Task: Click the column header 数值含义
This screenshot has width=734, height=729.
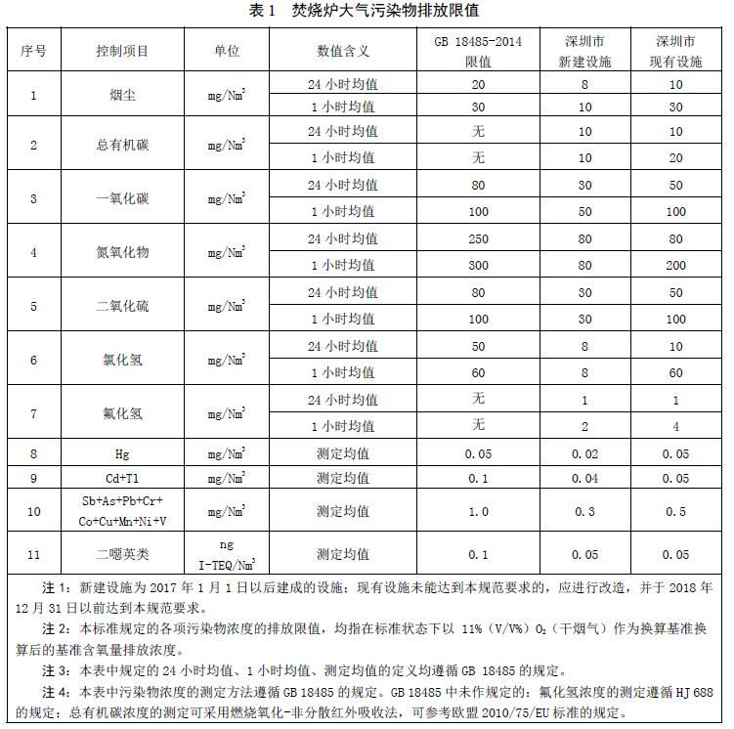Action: coord(342,51)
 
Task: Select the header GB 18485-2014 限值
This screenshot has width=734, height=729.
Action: coord(478,51)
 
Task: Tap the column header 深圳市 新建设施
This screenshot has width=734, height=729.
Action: coord(583,51)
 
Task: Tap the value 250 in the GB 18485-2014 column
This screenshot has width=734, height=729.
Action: coord(478,238)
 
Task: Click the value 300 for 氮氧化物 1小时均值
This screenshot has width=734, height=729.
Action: coord(478,265)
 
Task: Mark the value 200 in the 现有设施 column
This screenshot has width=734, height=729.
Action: coord(675,265)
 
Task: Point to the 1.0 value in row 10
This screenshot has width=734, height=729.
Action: coord(478,511)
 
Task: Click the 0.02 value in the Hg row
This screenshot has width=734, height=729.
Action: coord(583,453)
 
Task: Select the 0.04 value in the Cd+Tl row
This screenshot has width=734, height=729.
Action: coord(583,478)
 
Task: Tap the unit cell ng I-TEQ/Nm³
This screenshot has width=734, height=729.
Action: coord(226,554)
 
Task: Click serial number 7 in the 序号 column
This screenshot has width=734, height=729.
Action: coord(34,413)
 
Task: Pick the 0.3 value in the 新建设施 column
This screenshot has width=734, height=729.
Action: coord(583,511)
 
